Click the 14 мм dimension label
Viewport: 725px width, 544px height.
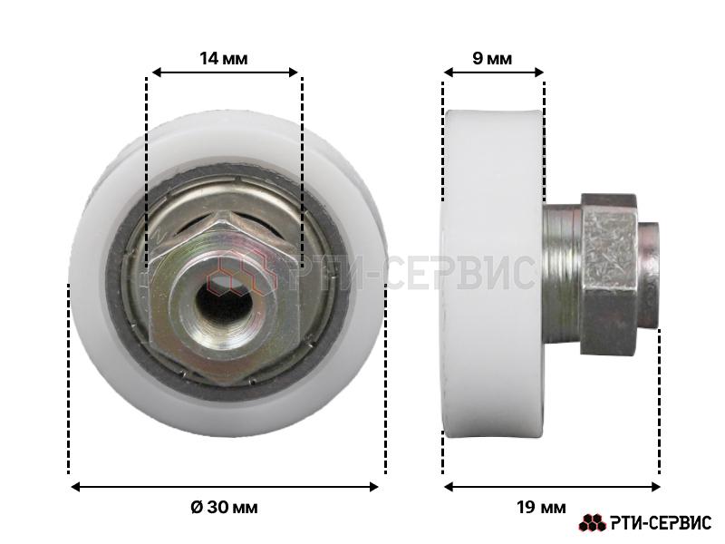point(223,59)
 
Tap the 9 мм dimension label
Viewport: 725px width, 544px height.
point(492,59)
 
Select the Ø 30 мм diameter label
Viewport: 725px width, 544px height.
point(224,508)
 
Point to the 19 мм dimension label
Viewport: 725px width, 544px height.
point(541,508)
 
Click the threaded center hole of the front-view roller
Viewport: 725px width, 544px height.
point(224,303)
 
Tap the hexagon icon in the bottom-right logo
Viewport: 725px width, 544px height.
point(593,523)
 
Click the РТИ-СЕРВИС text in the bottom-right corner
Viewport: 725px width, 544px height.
point(661,523)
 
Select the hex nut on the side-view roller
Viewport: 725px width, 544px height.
point(609,275)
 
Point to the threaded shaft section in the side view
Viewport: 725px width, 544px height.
point(562,275)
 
